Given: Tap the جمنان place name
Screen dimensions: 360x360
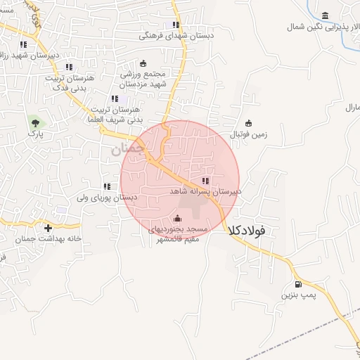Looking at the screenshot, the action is [x=127, y=149].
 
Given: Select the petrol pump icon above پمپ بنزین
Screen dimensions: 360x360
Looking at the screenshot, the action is [x=299, y=285].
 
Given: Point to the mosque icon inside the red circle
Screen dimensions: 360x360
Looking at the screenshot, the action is [x=176, y=217].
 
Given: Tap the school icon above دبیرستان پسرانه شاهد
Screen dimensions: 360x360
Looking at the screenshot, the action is [x=205, y=181].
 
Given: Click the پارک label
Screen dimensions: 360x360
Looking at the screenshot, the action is [x=35, y=133].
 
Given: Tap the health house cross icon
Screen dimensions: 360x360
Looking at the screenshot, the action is [x=48, y=228].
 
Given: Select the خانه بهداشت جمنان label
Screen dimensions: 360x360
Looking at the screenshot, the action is [x=49, y=239].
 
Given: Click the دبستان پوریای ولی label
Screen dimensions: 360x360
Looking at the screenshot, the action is [x=105, y=198].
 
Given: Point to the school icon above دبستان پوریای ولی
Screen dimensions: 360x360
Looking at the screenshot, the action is [x=107, y=186].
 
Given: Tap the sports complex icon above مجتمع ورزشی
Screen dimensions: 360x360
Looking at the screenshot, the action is [x=143, y=63].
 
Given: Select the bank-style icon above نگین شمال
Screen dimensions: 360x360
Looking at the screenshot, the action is [x=325, y=16].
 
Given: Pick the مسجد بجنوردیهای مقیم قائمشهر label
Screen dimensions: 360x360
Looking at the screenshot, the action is [x=176, y=234].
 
